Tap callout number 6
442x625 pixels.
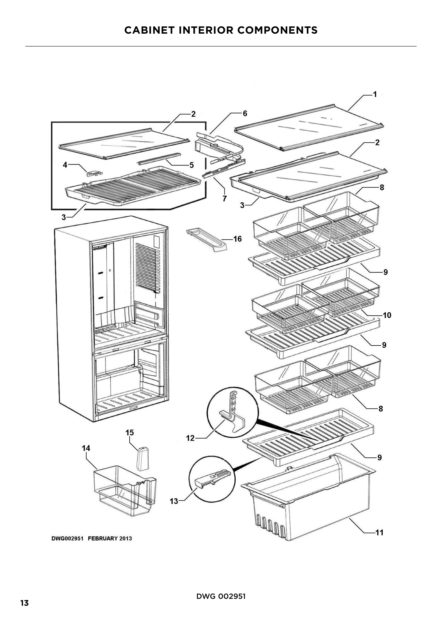pos(245,113)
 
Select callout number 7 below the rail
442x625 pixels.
pos(224,199)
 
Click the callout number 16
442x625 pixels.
pos(237,239)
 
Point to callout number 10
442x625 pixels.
pos(387,315)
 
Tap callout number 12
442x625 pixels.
pos(190,438)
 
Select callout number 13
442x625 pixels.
pos(174,501)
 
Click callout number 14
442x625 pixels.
pos(86,448)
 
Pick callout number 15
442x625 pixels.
pos(130,433)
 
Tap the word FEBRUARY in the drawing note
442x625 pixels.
pos(103,538)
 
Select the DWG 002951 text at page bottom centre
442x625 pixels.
pos(221,596)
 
